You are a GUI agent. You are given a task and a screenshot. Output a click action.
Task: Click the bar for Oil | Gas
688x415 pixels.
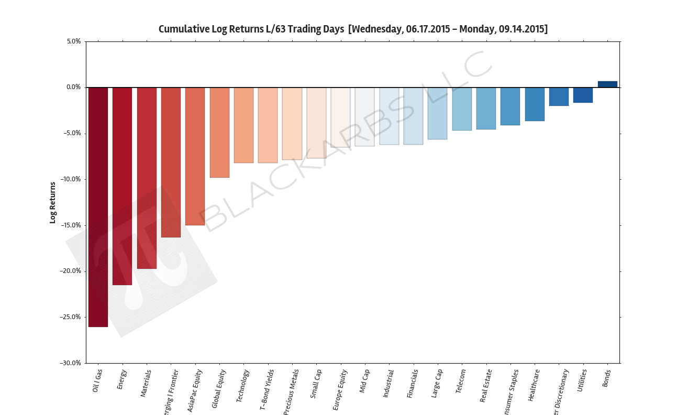point(98,207)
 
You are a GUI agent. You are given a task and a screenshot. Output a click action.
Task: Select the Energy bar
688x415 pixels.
point(122,186)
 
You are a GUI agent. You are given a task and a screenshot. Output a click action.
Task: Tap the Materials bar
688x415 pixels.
point(147,178)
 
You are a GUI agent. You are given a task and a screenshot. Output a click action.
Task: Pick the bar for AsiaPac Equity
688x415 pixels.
point(195,156)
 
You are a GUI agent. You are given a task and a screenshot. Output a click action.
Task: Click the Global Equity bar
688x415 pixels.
point(219,133)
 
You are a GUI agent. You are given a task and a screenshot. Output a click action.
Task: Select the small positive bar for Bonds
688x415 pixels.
point(607,84)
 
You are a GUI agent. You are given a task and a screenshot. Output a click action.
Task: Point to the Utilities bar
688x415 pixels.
point(583,95)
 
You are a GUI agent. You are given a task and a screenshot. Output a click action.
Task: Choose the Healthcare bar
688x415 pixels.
point(535,104)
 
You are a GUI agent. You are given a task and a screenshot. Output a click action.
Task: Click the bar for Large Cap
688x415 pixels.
point(437,113)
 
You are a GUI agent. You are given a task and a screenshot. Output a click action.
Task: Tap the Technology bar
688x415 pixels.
point(243,125)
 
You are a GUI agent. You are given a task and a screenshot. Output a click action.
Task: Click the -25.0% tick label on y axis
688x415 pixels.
point(70,317)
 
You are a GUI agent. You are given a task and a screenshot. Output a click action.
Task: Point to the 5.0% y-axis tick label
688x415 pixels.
point(73,41)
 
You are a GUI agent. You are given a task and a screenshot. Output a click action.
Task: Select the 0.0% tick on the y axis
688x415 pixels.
point(73,88)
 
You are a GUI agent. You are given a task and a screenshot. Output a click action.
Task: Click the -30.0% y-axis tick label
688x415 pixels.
point(70,363)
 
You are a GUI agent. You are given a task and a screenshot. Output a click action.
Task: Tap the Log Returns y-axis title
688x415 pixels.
point(52,202)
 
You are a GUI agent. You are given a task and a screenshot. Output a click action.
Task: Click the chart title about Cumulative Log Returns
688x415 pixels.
point(353,29)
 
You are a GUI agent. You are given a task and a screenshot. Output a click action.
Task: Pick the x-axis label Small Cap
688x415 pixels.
point(316,384)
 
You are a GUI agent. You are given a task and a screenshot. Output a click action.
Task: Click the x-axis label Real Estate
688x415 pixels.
point(486,386)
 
